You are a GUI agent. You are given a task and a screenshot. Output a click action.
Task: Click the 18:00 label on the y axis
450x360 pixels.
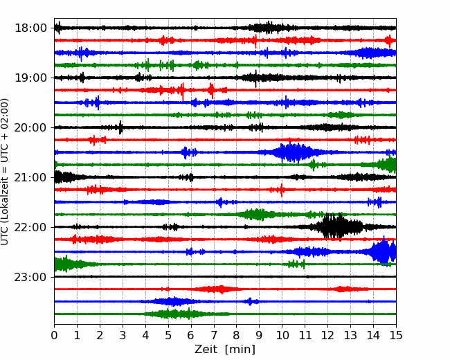coord(30,28)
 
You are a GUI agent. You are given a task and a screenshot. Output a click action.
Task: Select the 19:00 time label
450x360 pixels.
coord(30,78)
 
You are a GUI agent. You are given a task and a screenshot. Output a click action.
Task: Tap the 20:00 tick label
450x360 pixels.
coord(30,127)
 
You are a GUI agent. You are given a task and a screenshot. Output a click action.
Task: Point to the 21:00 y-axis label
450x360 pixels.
coord(30,177)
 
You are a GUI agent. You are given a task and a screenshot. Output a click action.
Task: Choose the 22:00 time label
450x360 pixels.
coord(30,227)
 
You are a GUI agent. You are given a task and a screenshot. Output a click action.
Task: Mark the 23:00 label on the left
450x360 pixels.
coord(30,277)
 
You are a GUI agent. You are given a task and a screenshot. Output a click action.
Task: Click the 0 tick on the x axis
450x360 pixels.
coord(54,335)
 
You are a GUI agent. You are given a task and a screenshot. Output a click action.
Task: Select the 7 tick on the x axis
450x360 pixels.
coord(214,335)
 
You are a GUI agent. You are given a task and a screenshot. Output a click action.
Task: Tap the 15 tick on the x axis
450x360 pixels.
coord(396,335)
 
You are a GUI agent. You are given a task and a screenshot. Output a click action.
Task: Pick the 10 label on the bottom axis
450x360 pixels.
coord(282,335)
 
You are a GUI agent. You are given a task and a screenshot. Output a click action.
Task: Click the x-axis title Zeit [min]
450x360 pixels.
coord(225,350)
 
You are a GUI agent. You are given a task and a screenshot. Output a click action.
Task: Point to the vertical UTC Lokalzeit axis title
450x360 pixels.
coord(5,172)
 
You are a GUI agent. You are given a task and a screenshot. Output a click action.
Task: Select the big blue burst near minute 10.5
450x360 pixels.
coord(293,152)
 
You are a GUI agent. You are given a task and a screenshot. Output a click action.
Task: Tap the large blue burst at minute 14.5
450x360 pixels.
coord(384,251)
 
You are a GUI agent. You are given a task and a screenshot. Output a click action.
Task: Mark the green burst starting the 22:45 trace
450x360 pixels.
coord(67,264)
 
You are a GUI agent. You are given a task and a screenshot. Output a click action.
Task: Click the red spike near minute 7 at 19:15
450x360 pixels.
coord(212,90)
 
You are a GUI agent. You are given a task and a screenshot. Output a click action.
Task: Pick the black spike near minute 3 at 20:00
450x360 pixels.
coord(120,127)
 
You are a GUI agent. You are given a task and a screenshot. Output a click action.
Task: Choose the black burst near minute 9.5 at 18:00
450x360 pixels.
coord(269,28)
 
